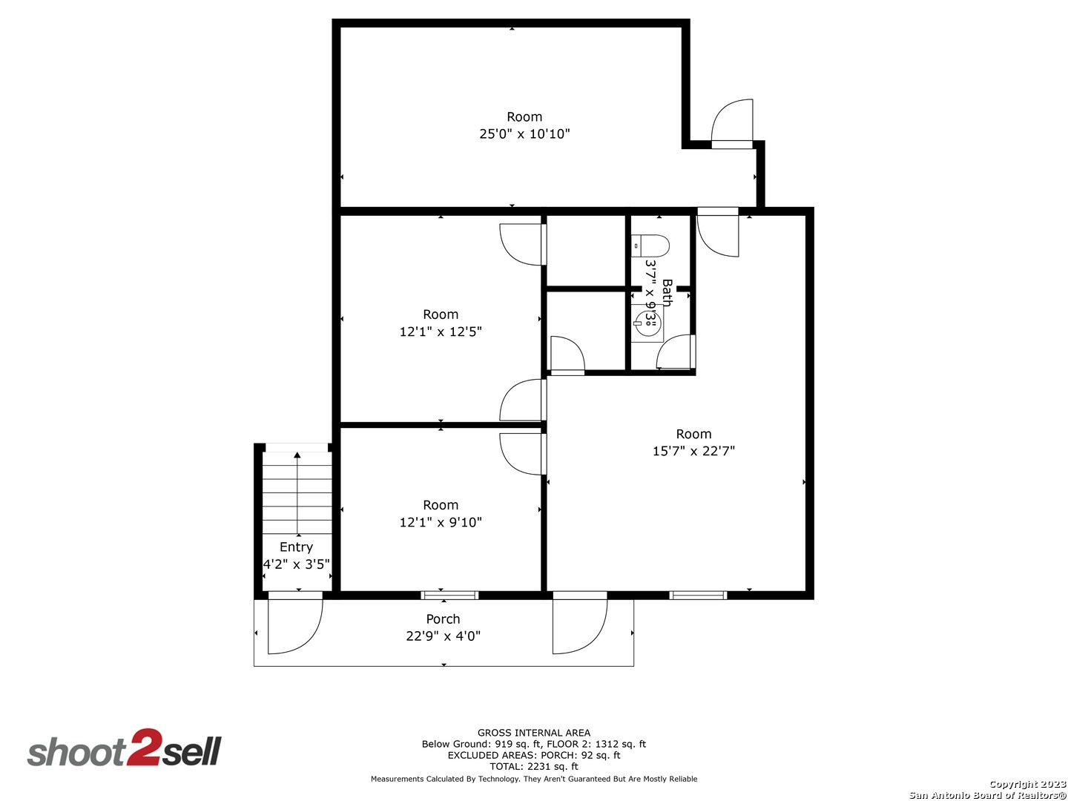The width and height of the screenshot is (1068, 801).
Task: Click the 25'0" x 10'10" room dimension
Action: coord(524,134)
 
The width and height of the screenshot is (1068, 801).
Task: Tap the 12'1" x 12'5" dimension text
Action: coord(441,332)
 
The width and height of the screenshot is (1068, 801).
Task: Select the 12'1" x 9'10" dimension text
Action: coord(441,522)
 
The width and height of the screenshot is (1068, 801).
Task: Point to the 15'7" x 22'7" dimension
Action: coord(693,451)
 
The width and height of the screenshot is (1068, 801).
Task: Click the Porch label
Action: coord(443,619)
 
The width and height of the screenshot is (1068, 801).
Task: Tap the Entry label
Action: coord(296,547)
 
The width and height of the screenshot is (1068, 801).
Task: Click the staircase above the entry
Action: coord(297,489)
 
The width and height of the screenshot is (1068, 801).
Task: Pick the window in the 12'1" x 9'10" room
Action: coord(449,595)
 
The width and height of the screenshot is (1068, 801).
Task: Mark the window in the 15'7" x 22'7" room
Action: coord(698,595)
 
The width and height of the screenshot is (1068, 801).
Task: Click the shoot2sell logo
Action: coord(125,749)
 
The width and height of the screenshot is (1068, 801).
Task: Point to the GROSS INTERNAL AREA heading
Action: coord(534,733)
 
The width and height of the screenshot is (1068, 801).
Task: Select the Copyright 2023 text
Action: coord(1027,784)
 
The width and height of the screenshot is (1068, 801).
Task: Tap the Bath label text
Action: coord(667,293)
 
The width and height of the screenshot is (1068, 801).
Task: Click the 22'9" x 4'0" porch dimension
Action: coord(443,636)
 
